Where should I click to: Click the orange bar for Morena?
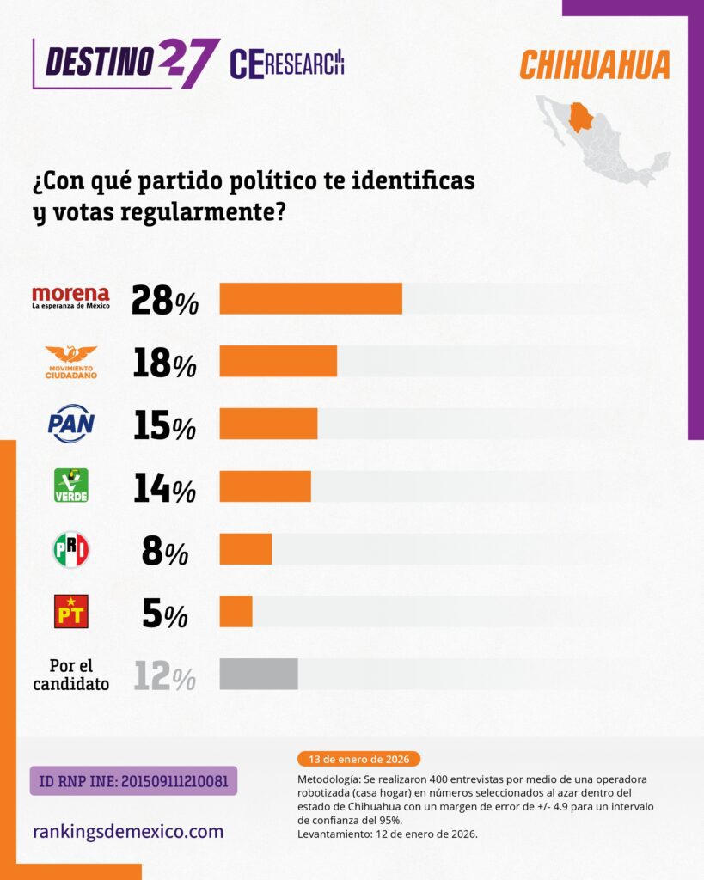point(310,298)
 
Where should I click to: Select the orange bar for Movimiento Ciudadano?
point(278,361)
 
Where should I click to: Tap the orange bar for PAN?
point(268,424)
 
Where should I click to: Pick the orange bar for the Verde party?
point(265,486)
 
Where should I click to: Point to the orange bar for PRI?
point(246,549)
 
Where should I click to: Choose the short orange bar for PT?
point(236,611)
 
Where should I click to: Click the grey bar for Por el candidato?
point(259,674)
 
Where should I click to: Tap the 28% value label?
point(165,300)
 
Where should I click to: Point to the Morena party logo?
point(70,297)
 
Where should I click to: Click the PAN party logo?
point(71,424)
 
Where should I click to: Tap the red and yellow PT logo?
point(71,611)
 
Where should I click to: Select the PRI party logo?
point(71,549)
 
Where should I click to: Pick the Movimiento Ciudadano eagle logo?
point(71,361)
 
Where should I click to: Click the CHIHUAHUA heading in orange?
point(595,65)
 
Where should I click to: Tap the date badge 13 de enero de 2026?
point(358,759)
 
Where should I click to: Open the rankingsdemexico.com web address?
point(128,831)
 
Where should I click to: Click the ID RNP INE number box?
point(133,780)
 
